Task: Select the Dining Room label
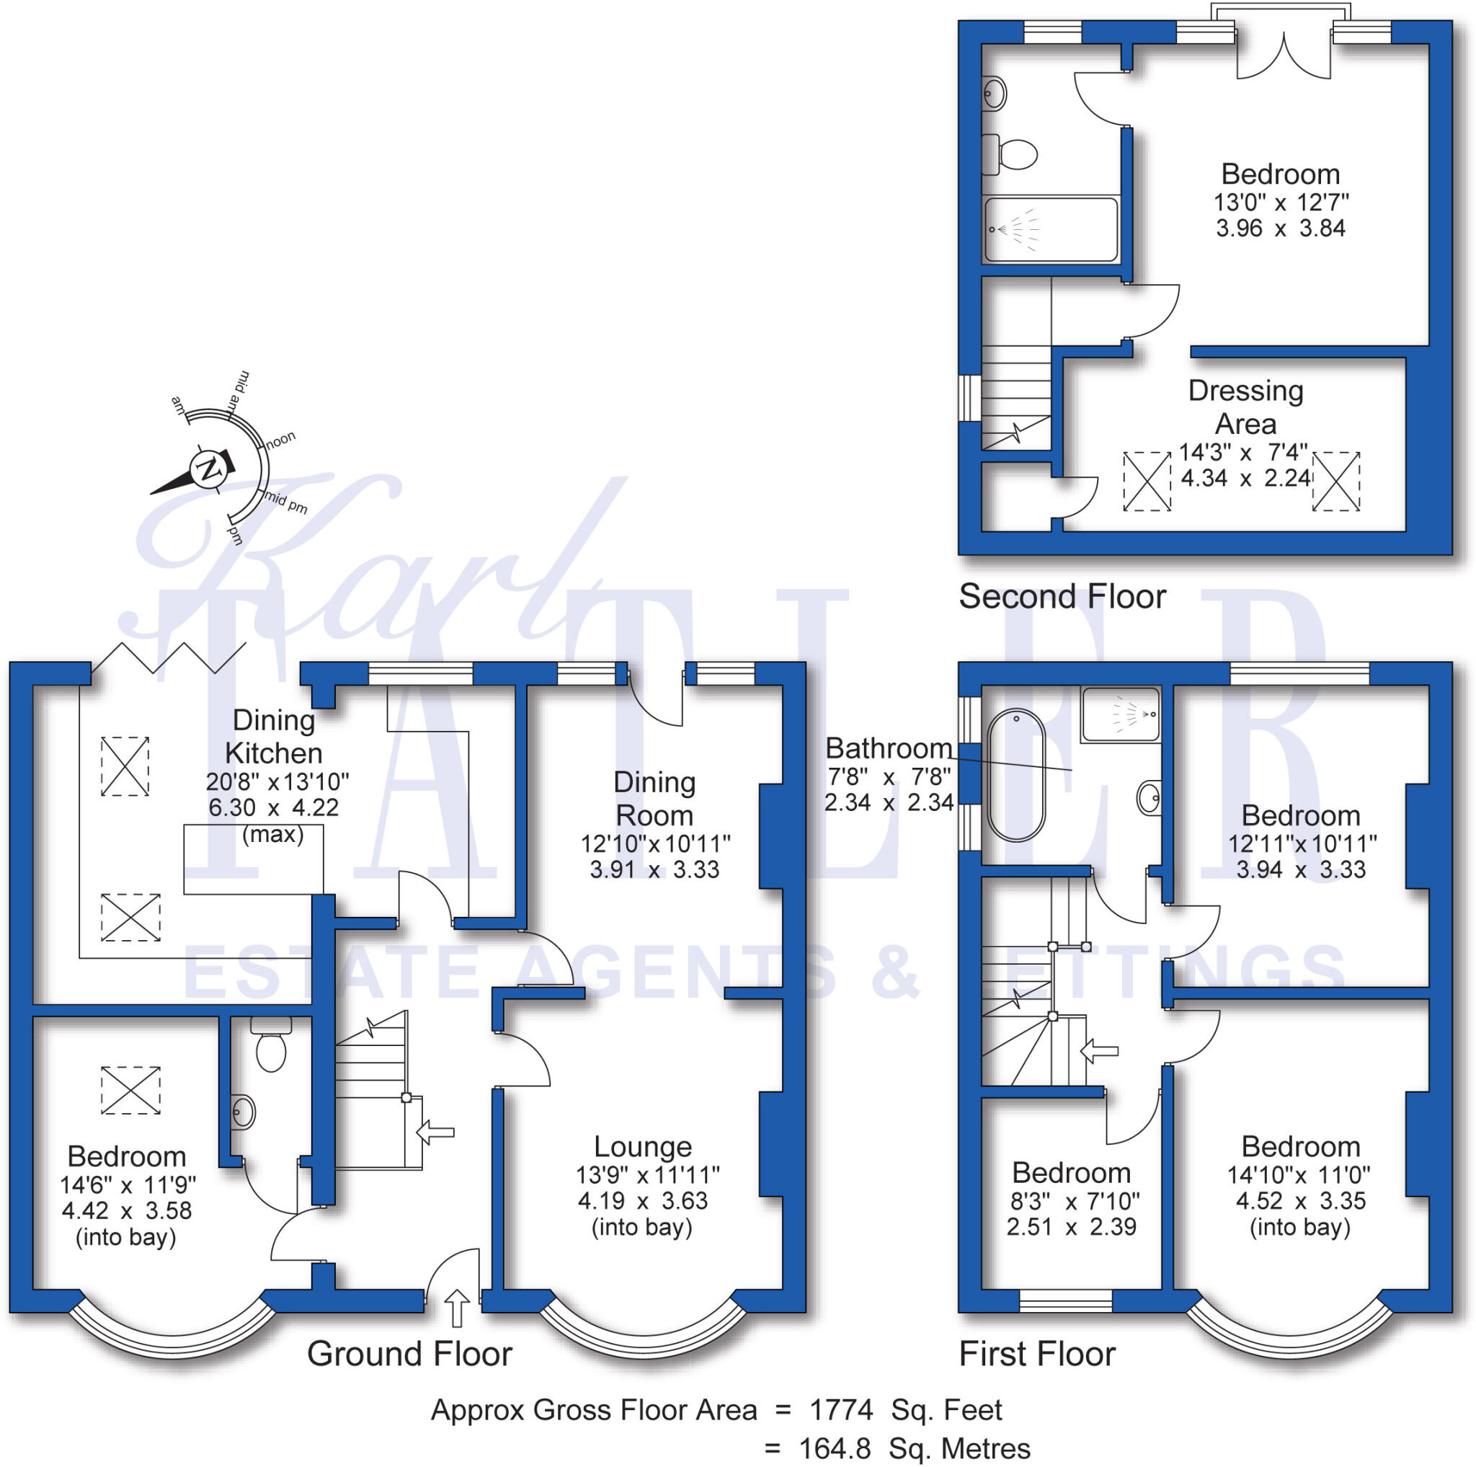point(654,799)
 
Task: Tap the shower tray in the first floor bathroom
point(1120,714)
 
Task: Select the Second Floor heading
point(1061,597)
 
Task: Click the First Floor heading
point(1036,1355)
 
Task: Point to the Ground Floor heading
point(409,1355)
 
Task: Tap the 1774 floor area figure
point(840,1410)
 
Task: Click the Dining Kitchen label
point(272,737)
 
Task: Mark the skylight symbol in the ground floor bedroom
point(130,1090)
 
